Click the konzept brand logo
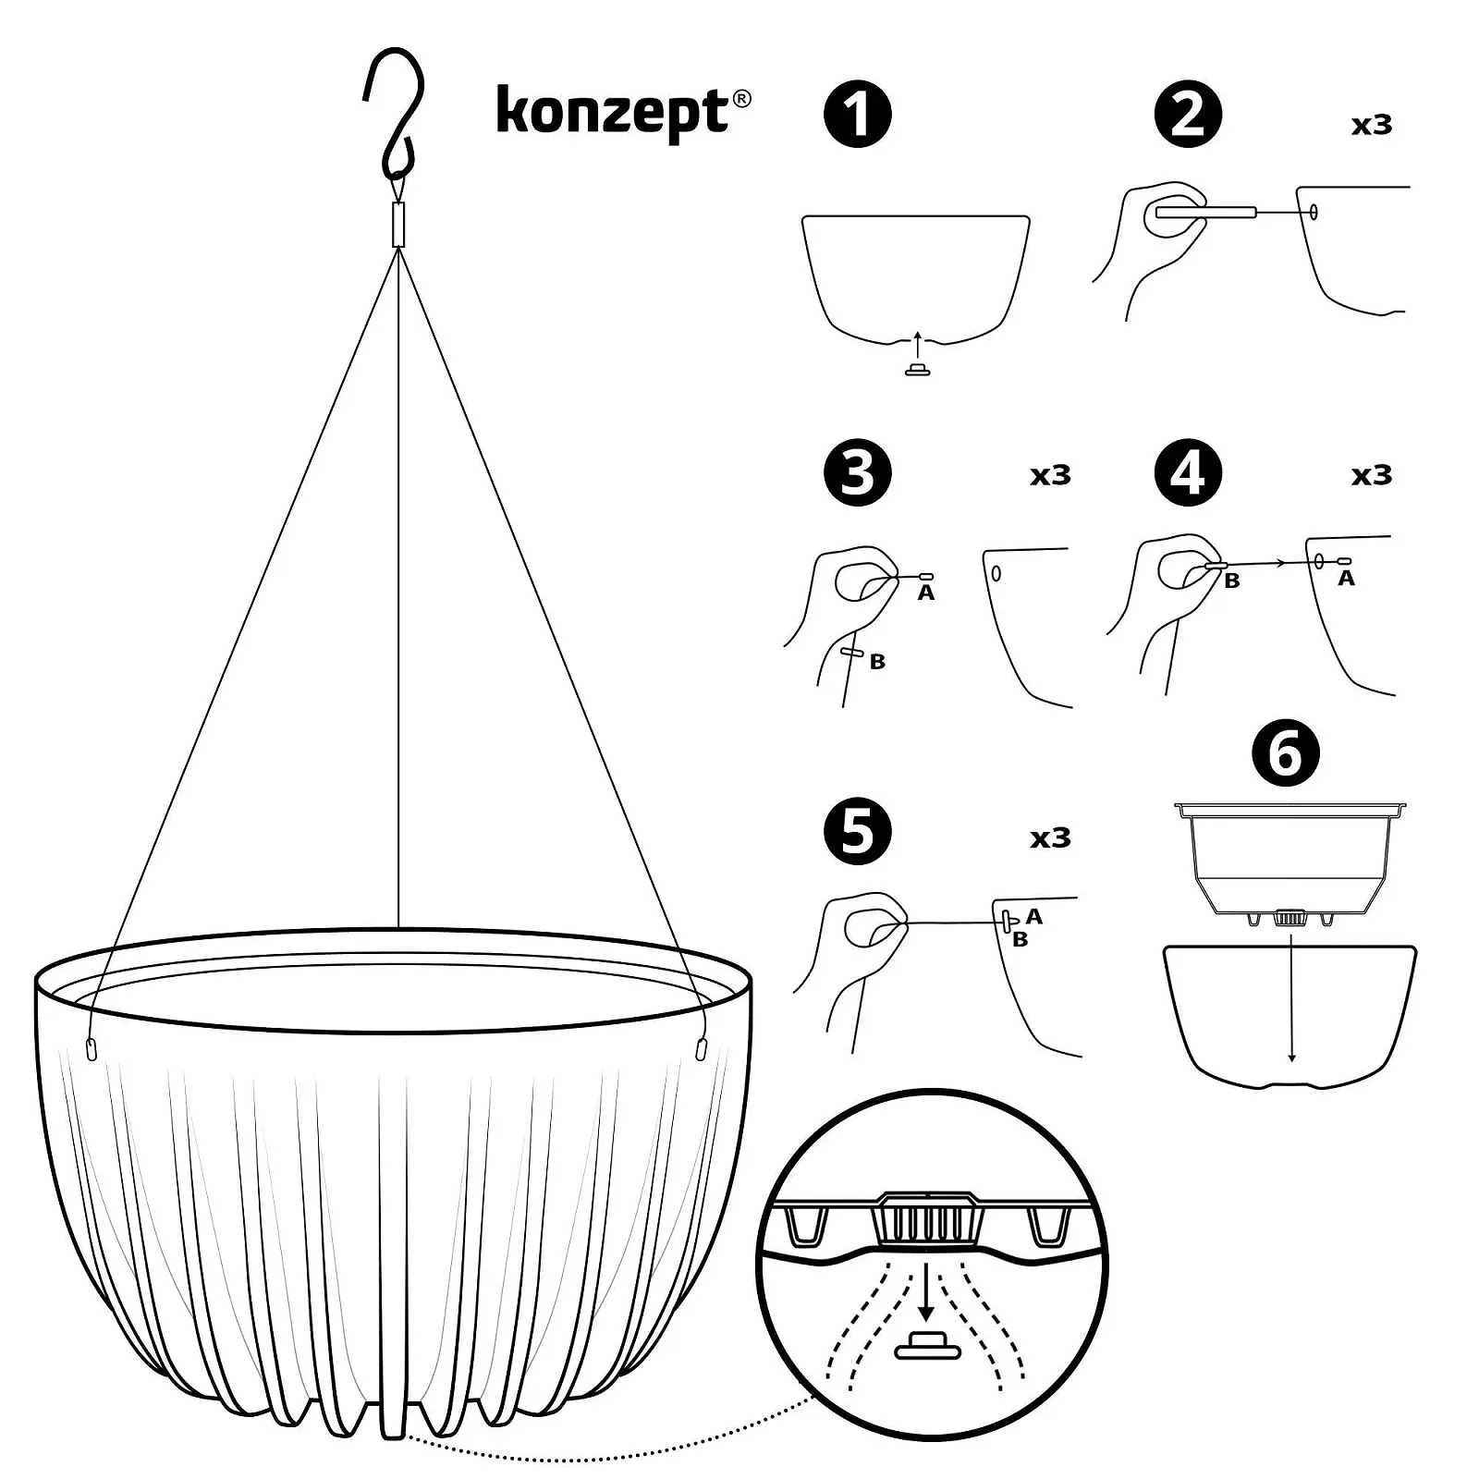(624, 114)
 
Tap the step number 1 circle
(858, 116)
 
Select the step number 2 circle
(1188, 116)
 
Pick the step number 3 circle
(858, 472)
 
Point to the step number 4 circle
(1188, 472)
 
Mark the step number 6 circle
(1286, 753)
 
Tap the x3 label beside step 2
(1372, 125)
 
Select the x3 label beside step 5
(1051, 838)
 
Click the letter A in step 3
(926, 593)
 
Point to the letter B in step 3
(877, 662)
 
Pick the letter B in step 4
(1231, 581)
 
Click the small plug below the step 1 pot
(917, 370)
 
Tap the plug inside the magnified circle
(928, 1346)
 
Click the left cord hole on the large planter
(91, 1049)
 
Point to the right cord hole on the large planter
(701, 1049)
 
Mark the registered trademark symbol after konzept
(741, 99)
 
